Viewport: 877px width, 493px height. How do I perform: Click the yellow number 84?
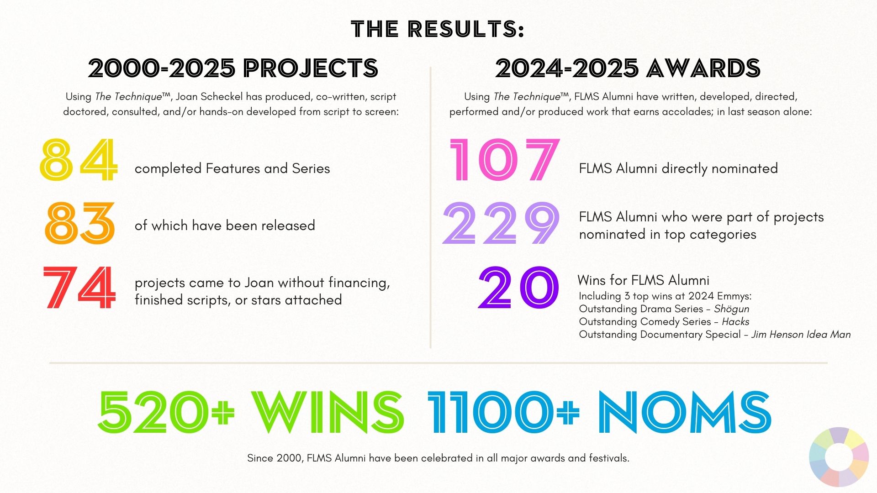click(79, 160)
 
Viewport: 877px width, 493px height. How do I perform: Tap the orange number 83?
click(79, 223)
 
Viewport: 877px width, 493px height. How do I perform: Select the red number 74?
click(79, 287)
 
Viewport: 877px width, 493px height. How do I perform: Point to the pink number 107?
click(504, 160)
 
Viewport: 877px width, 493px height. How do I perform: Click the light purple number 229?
click(501, 223)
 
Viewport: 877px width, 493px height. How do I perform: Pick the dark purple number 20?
click(518, 287)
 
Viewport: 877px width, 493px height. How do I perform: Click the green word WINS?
click(328, 412)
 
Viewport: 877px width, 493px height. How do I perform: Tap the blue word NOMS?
click(685, 412)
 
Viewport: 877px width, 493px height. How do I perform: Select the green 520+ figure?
click(166, 412)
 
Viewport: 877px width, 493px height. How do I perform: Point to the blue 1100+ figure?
click(503, 412)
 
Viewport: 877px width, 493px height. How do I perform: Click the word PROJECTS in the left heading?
click(311, 68)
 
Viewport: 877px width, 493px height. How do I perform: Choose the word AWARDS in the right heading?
click(703, 68)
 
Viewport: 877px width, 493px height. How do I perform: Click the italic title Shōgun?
click(732, 309)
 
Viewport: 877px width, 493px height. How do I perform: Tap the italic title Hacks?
click(736, 322)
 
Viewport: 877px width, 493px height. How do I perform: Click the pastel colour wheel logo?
click(839, 457)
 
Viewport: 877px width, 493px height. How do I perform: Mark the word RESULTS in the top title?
click(465, 29)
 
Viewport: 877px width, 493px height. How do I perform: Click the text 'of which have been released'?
click(225, 226)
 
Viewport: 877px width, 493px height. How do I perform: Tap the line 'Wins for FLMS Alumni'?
click(644, 280)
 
